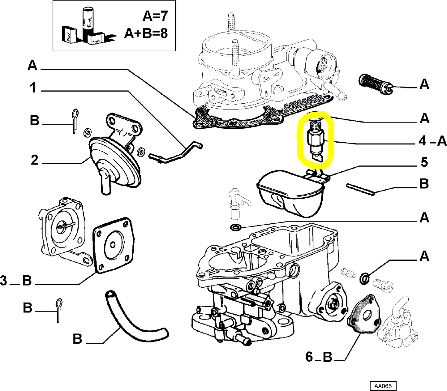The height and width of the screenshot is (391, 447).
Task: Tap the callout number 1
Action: click(x=33, y=88)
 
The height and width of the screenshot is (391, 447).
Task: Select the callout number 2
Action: click(x=34, y=160)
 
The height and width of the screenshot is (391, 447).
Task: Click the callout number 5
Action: click(x=424, y=162)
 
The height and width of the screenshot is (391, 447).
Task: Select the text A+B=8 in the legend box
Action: click(x=146, y=33)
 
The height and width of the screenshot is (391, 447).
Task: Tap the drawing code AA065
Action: click(x=383, y=386)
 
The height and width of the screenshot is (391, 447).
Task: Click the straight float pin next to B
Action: click(x=360, y=189)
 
